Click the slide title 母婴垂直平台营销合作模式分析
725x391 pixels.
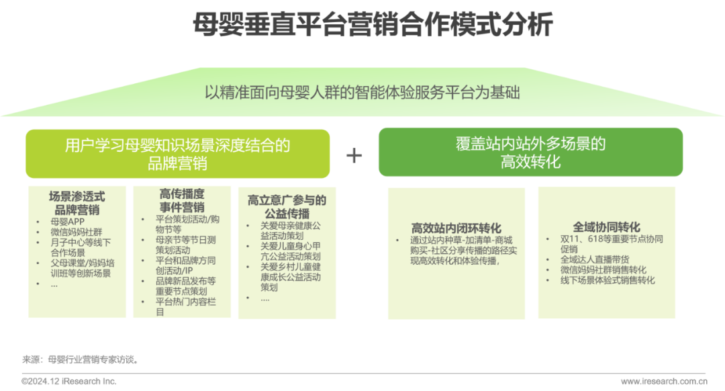(x=372, y=26)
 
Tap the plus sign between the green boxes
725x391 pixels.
(x=354, y=155)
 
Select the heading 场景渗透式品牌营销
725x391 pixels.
(x=77, y=202)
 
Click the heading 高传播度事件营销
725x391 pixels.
(x=182, y=201)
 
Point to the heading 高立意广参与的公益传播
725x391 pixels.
(x=287, y=206)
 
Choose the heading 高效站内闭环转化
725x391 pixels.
(x=456, y=228)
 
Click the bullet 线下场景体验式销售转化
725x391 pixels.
(x=608, y=280)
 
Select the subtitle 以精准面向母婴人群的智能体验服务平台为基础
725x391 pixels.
(x=362, y=92)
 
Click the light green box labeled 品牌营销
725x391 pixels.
(x=177, y=153)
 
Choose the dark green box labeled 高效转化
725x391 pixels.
(x=530, y=153)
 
